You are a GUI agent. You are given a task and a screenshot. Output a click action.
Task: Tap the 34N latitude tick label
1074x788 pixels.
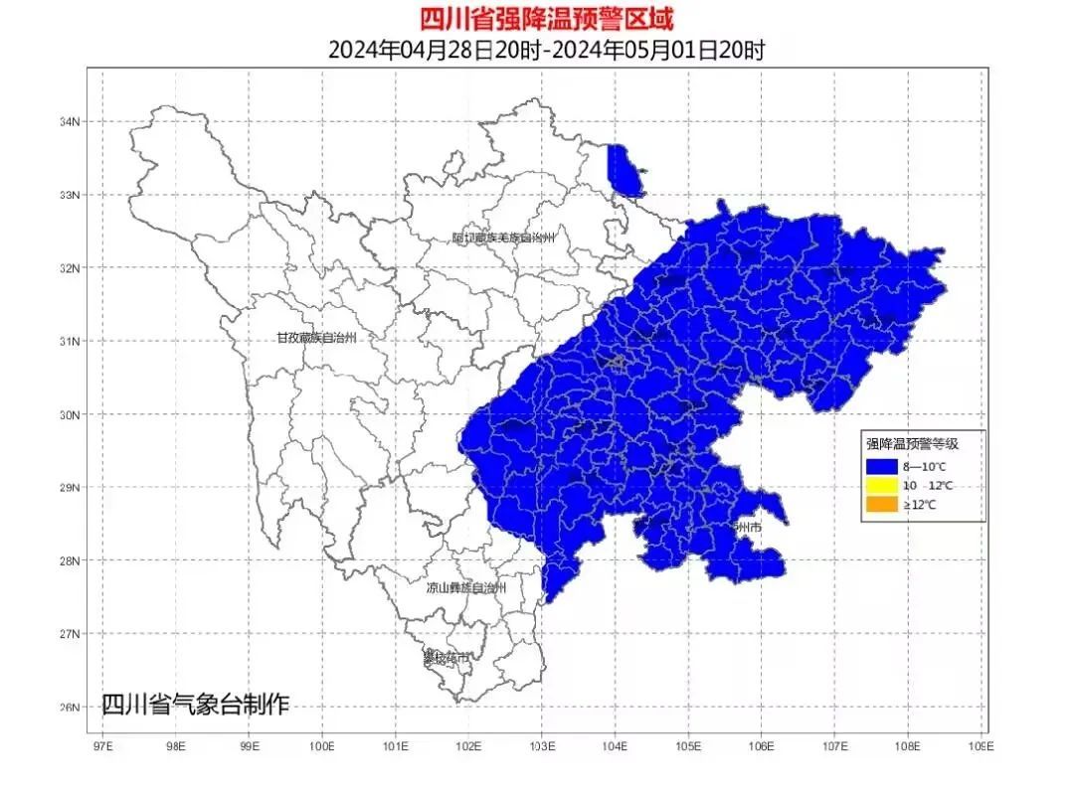point(69,121)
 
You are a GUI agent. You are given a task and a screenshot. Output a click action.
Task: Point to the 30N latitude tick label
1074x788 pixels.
point(69,414)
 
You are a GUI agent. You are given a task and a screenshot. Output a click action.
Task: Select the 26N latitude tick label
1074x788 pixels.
point(69,708)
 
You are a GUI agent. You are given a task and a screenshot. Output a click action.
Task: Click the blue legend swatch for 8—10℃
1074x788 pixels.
point(880,465)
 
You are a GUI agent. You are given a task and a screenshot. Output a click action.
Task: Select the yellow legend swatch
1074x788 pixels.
point(880,486)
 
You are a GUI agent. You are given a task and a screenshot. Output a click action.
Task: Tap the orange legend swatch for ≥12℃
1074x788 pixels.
point(880,506)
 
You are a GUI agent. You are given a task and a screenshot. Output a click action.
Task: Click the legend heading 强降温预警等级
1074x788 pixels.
point(911,445)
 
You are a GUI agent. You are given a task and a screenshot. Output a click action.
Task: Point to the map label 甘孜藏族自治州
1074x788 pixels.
point(316,338)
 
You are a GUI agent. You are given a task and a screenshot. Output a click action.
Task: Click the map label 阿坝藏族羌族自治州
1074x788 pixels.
point(503,237)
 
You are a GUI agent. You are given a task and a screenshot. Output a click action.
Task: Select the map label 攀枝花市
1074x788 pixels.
point(446,658)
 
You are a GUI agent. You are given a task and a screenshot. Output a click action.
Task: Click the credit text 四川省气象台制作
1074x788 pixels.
point(195,705)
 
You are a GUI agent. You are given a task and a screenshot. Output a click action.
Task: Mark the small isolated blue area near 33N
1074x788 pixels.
point(623,169)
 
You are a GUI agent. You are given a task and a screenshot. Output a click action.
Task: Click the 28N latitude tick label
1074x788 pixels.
point(69,560)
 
